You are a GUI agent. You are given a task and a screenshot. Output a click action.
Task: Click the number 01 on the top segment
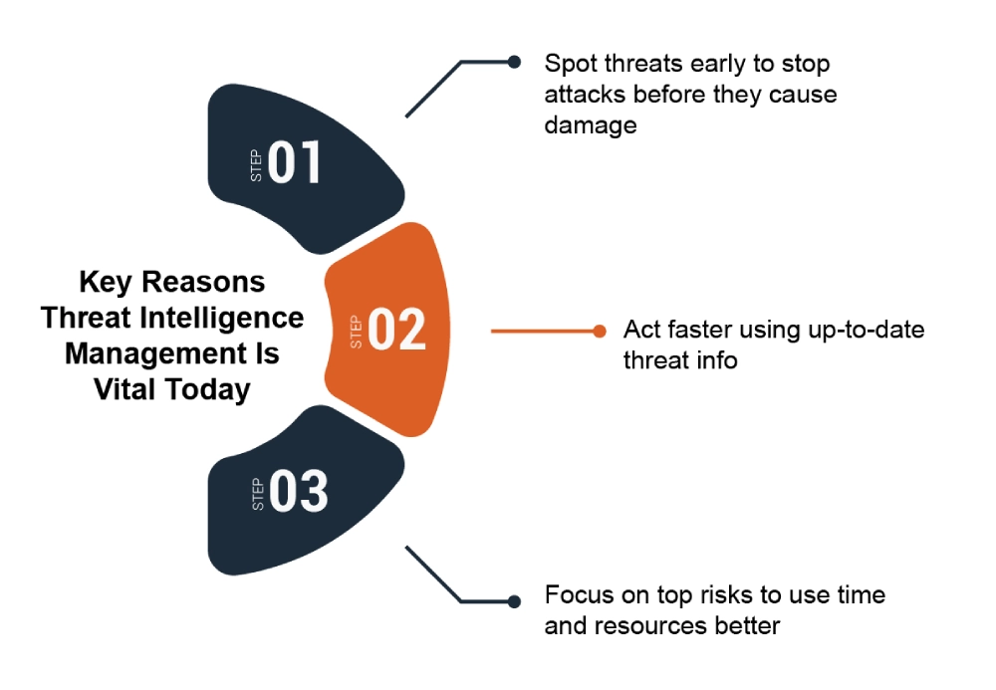(x=294, y=162)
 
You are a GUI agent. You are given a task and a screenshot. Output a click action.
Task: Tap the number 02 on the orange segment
(x=397, y=329)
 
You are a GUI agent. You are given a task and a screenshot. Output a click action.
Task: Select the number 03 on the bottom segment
(x=299, y=491)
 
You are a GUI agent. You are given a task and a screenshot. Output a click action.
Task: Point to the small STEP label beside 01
(x=256, y=165)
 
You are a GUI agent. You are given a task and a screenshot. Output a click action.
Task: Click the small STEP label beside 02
(x=357, y=332)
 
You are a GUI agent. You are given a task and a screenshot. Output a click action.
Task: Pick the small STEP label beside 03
(x=258, y=495)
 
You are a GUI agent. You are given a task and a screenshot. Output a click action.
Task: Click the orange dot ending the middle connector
(x=599, y=331)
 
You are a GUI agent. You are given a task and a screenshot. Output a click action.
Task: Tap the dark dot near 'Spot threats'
(x=515, y=62)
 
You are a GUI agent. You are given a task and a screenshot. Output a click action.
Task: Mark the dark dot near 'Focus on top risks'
(x=514, y=601)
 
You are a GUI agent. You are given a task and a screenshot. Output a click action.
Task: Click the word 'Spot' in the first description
(x=571, y=64)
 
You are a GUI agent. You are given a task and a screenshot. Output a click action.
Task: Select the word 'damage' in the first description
(x=591, y=125)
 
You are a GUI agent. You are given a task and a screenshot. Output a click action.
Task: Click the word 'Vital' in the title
(x=124, y=389)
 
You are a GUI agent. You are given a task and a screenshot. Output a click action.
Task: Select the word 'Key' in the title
(x=106, y=282)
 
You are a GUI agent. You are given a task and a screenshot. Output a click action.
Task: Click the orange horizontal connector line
(x=542, y=331)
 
